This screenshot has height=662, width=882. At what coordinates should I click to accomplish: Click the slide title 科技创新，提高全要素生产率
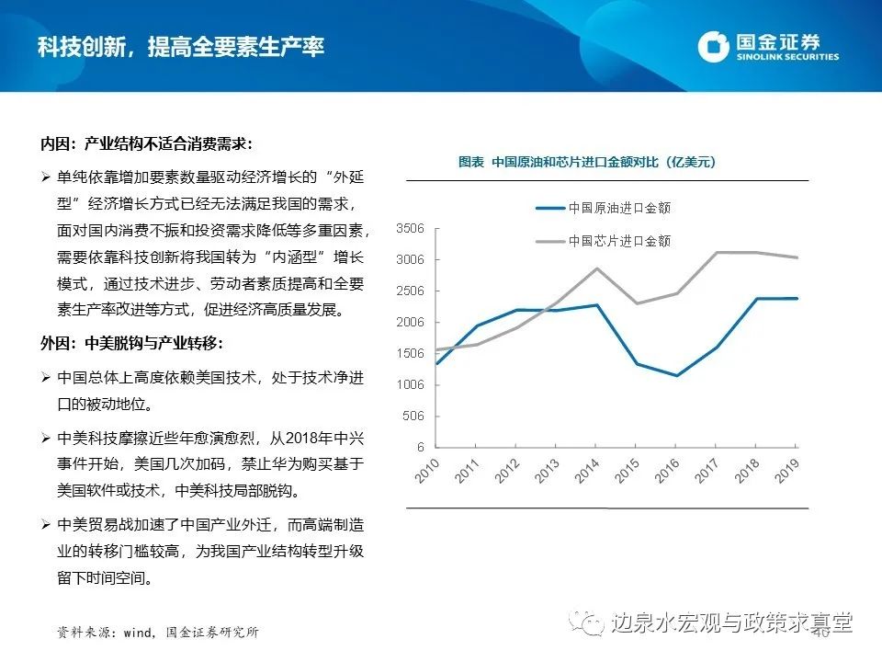tap(181, 47)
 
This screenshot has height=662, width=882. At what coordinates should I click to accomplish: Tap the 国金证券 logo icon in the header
tap(713, 47)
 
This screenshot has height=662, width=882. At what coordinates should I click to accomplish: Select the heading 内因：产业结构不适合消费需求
tap(145, 144)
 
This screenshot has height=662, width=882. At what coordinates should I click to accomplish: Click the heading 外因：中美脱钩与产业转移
tap(131, 344)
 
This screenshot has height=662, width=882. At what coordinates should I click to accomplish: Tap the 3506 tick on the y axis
tap(410, 228)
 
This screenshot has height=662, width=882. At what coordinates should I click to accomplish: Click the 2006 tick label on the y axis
tap(410, 322)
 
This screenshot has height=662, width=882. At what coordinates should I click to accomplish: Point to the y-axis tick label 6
tap(420, 447)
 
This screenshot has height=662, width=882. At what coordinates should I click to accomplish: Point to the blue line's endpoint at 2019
tap(797, 298)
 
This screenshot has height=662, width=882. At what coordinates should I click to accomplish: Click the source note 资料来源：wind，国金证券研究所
tap(157, 633)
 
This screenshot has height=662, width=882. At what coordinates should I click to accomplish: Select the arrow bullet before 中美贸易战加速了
tap(46, 525)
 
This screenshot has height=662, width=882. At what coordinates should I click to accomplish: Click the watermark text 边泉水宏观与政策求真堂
tap(730, 623)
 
